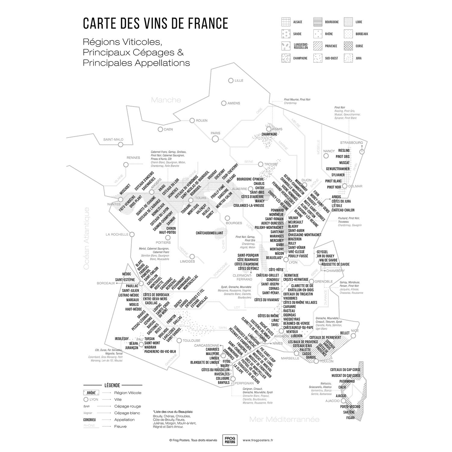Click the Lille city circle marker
point(231,80)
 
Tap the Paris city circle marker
point(215,139)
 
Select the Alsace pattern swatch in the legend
point(286,22)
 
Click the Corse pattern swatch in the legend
point(349,46)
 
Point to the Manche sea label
point(166,100)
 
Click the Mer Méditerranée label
point(284,419)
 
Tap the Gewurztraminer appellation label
point(337,169)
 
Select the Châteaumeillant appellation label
point(209,233)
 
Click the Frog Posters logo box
point(228,440)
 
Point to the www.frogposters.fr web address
point(258,440)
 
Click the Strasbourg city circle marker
point(362,152)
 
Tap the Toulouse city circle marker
point(179,341)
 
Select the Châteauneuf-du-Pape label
point(298,328)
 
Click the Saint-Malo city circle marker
point(121,145)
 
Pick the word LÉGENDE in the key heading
point(112,385)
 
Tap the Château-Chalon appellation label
point(343,210)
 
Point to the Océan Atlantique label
point(87,238)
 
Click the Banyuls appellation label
point(224,382)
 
